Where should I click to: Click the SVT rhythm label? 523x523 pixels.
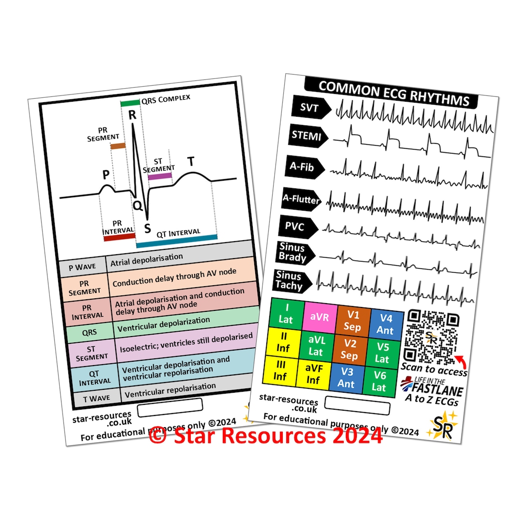pyautogui.click(x=310, y=108)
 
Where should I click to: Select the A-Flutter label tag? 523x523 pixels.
pyautogui.click(x=301, y=199)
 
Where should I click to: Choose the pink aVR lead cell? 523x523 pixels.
pyautogui.click(x=320, y=316)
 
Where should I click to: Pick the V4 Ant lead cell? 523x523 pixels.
pyautogui.click(x=386, y=323)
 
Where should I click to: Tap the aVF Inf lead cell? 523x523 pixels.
pyautogui.click(x=313, y=374)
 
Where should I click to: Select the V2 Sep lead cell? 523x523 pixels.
pyautogui.click(x=350, y=350)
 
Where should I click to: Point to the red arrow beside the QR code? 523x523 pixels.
pyautogui.click(x=460, y=359)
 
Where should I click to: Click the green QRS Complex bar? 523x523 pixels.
pyautogui.click(x=129, y=103)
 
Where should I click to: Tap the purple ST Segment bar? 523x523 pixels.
pyautogui.click(x=160, y=176)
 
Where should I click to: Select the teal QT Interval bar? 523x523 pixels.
pyautogui.click(x=176, y=241)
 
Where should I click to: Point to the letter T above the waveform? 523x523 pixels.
pyautogui.click(x=191, y=162)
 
